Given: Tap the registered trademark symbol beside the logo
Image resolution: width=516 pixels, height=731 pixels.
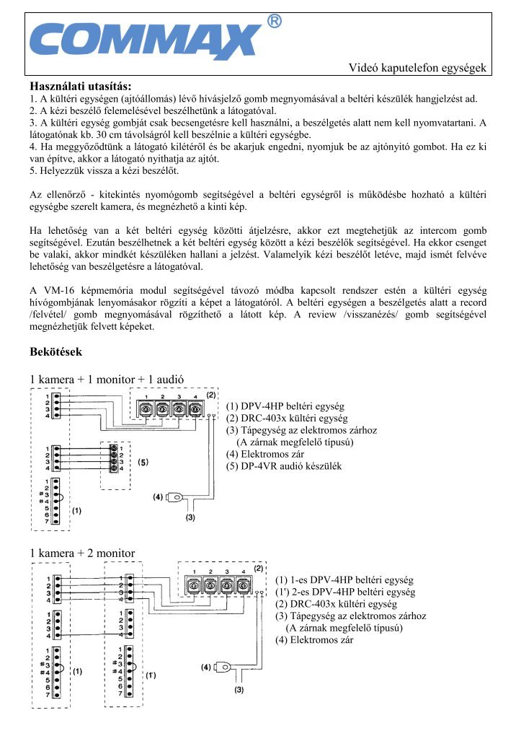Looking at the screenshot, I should (x=274, y=22).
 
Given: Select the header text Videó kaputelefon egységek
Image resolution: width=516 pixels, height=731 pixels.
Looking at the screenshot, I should (x=418, y=68).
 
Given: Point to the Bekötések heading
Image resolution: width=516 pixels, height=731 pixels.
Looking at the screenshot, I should (x=56, y=352).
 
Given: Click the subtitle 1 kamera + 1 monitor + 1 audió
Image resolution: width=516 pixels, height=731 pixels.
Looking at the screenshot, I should (x=107, y=380).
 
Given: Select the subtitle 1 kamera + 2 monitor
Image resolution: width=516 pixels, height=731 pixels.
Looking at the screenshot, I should (x=82, y=553).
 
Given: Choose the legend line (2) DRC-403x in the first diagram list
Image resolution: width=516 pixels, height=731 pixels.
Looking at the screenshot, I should (x=286, y=418).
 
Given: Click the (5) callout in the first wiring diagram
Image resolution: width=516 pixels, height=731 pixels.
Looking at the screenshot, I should (x=143, y=461).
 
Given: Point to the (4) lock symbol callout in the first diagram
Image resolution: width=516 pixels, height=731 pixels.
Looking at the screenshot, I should (x=158, y=496).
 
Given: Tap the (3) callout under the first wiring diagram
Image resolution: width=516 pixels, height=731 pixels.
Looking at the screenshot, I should (x=190, y=517).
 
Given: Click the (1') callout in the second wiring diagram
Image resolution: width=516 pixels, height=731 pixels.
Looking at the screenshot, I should (x=151, y=675).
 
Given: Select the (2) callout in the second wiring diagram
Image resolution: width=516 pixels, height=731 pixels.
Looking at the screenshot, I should (x=257, y=568).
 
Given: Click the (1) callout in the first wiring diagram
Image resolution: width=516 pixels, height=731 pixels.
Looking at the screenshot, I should (x=76, y=509).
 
